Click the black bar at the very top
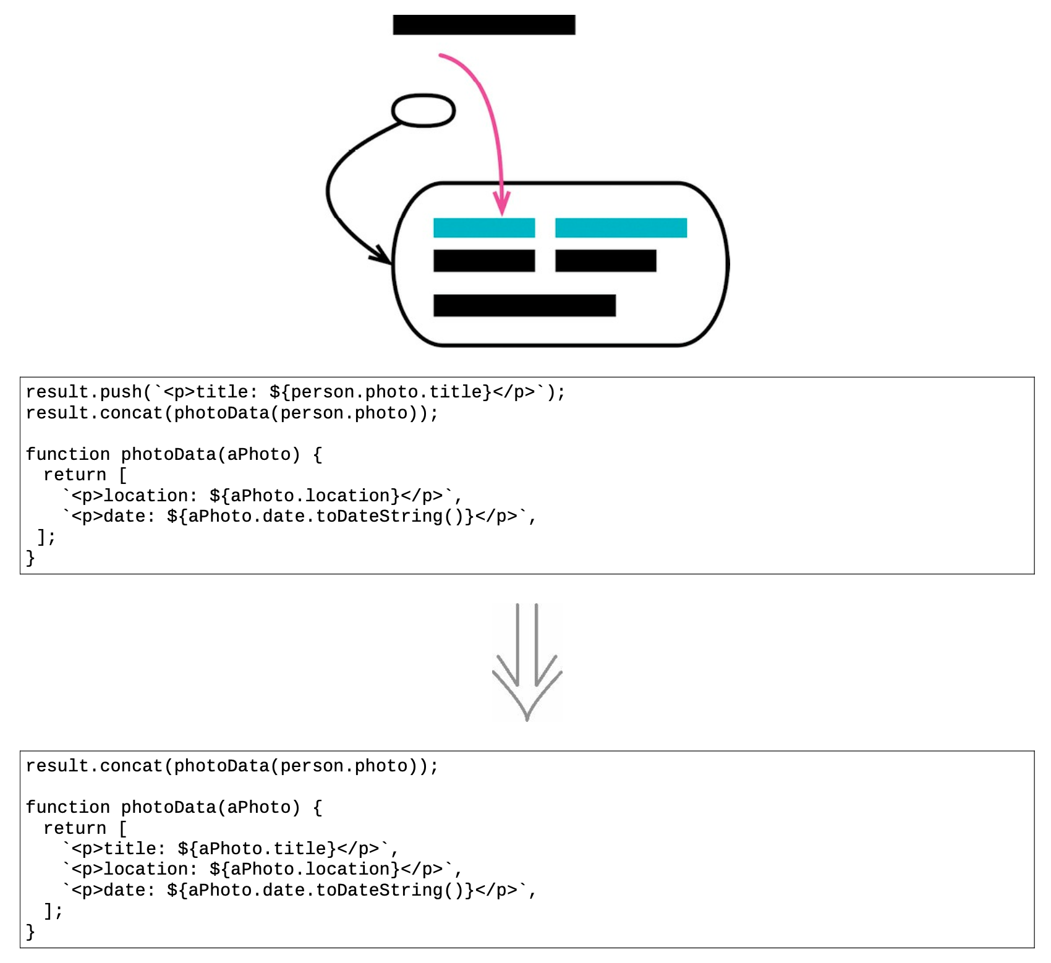[484, 25]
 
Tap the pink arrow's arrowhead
[502, 205]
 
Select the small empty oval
[423, 111]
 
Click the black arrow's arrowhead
[383, 255]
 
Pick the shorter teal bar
[484, 227]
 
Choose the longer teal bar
[621, 227]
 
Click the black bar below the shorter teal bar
[484, 261]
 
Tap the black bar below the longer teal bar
[606, 261]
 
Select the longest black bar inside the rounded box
[524, 305]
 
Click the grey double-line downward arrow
[527, 661]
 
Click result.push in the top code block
[84, 392]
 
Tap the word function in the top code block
[68, 454]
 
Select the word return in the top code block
[75, 475]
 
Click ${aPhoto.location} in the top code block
[305, 496]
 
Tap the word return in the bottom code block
[75, 828]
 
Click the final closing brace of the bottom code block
[30, 931]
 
